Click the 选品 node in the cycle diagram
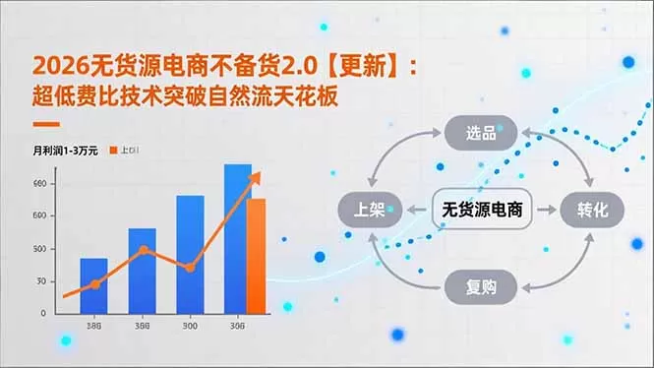point(481,132)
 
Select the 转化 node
point(593,209)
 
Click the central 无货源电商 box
point(481,209)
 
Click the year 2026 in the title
point(57,66)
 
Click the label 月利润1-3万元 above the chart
point(65,151)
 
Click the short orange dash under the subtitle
point(46,125)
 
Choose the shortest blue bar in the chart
point(93,285)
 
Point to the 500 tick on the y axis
point(39,248)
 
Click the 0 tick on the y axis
point(42,313)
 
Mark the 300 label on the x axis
point(190,327)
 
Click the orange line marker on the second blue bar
point(144,250)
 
